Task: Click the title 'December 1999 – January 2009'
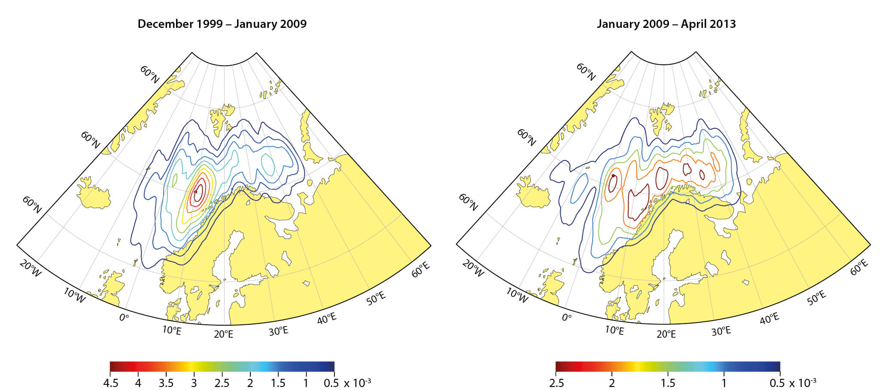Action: coord(222,24)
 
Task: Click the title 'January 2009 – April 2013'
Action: coord(666,24)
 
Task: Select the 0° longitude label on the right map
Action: coord(566,317)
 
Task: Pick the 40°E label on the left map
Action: coord(327,318)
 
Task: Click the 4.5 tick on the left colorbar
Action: coord(111,382)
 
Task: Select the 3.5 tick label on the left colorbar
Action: coord(166,382)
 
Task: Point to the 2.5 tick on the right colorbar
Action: coord(556,382)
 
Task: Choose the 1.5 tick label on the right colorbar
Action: coord(668,382)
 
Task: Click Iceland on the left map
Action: coord(94,193)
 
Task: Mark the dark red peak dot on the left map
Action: coord(195,191)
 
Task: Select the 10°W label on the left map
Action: coord(74,295)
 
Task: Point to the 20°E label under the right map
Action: coord(666,334)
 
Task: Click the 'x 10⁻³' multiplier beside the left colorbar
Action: coord(357,382)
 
